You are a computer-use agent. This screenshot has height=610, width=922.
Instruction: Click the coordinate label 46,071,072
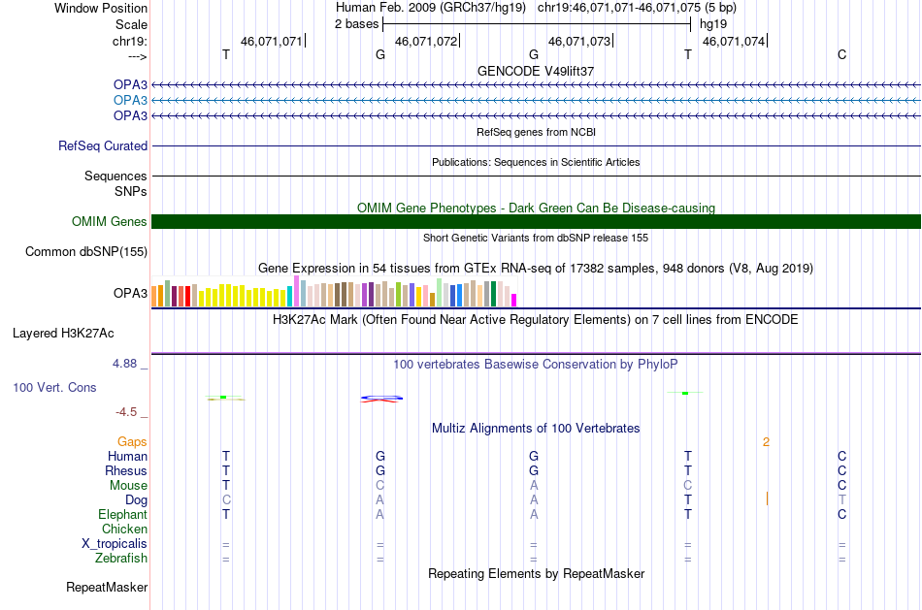click(x=426, y=41)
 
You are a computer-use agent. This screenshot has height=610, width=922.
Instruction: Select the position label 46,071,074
click(x=734, y=41)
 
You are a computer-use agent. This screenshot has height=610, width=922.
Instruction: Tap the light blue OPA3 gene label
click(x=131, y=100)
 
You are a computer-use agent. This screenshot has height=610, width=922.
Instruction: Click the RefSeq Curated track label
click(x=103, y=145)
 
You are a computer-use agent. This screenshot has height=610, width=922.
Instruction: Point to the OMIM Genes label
click(x=110, y=221)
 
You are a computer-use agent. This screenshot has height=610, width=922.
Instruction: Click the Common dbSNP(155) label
click(x=86, y=251)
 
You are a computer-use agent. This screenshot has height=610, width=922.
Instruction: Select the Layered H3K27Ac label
click(x=63, y=334)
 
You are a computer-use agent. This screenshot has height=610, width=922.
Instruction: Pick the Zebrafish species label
click(x=121, y=558)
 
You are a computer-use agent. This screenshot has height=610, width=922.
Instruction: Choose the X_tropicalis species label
click(x=115, y=544)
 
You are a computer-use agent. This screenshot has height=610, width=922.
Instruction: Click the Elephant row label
click(x=123, y=514)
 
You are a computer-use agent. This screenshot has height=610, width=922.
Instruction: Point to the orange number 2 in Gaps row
click(x=766, y=442)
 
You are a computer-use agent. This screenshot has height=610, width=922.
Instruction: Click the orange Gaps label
click(x=132, y=442)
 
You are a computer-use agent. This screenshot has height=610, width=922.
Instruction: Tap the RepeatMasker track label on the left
click(x=107, y=587)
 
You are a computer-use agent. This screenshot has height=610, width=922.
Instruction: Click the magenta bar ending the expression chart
click(x=514, y=300)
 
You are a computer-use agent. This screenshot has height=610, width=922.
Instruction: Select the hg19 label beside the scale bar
click(x=713, y=24)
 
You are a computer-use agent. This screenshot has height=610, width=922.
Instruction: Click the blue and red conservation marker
click(x=381, y=399)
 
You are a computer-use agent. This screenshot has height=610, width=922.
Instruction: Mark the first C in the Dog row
click(x=226, y=500)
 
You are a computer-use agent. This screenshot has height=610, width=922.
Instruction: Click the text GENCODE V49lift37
click(x=536, y=71)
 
